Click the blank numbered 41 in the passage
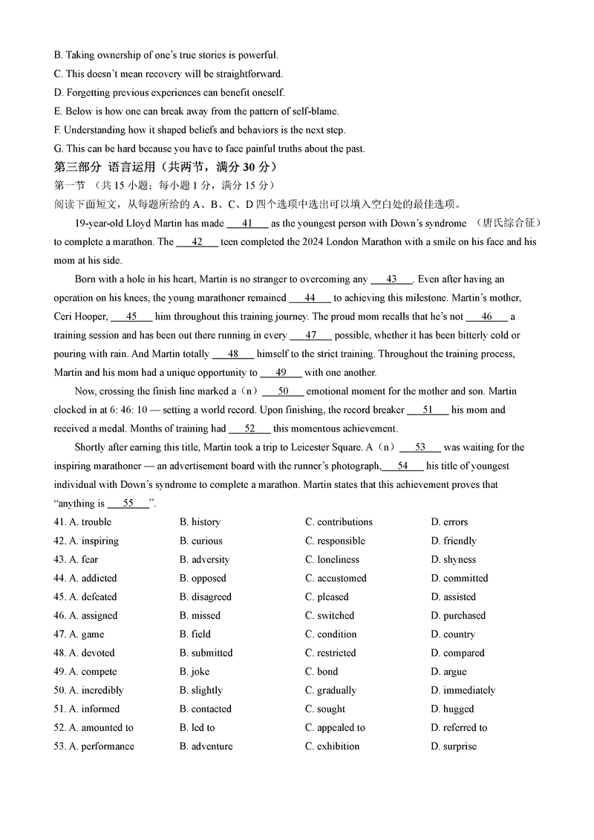[x=247, y=223]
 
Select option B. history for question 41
[x=200, y=522]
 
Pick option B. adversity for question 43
[x=204, y=559]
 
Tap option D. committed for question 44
[x=460, y=578]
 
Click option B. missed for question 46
[x=200, y=615]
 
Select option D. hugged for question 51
[x=452, y=709]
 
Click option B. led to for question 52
[x=197, y=728]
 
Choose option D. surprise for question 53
[x=454, y=746]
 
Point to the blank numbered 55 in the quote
[x=128, y=504]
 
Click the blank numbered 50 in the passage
[x=283, y=391]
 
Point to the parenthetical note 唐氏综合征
[x=512, y=223]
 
